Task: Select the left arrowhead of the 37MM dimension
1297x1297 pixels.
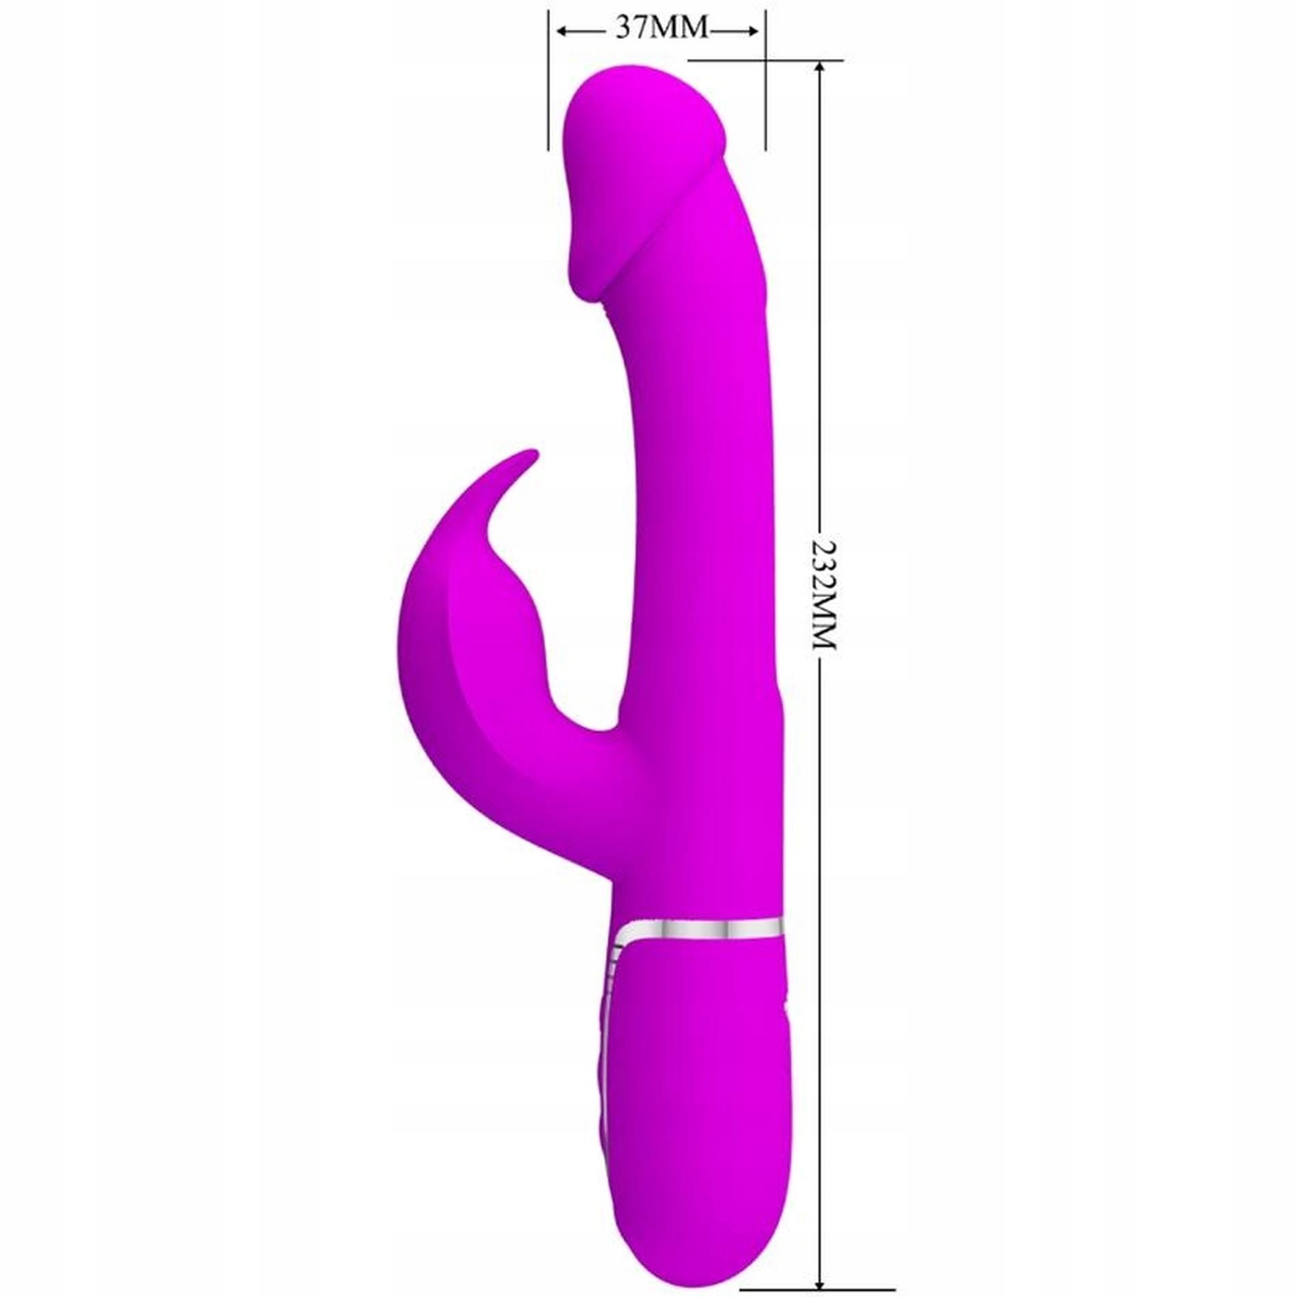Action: click(x=564, y=31)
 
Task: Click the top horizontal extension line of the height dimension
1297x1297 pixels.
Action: click(x=765, y=60)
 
